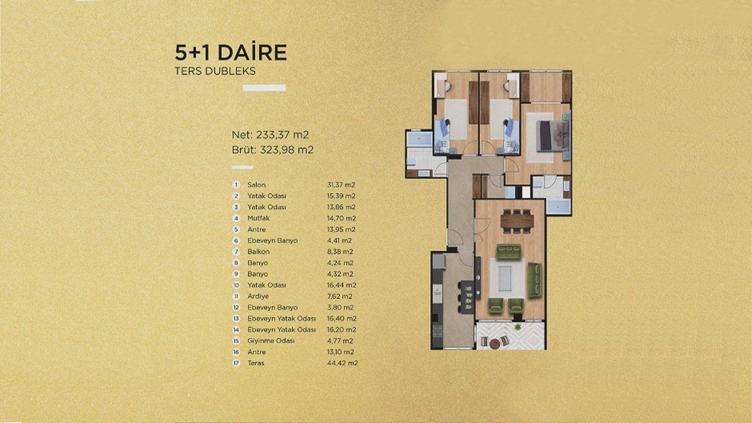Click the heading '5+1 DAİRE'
[x=231, y=52]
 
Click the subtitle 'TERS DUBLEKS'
[x=215, y=71]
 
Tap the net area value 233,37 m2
[x=282, y=135]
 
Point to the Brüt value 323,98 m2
[x=287, y=150]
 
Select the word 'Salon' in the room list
[x=257, y=185]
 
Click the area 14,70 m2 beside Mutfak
[x=342, y=218]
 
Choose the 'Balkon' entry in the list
[x=258, y=252]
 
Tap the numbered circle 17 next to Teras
[x=236, y=363]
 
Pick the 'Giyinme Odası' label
[x=271, y=341]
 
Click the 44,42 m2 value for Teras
[x=342, y=363]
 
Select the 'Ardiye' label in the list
[x=258, y=296]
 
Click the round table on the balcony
[x=495, y=343]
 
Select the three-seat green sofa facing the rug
[x=509, y=251]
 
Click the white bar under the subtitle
[x=264, y=88]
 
